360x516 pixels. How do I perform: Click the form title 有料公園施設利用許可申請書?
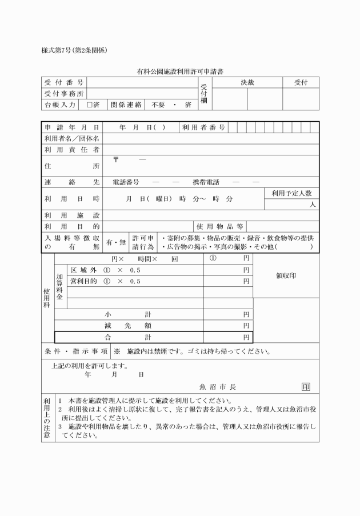179,73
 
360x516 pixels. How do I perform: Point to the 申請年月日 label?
72,127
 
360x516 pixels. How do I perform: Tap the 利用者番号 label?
203,127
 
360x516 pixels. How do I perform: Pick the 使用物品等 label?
220,227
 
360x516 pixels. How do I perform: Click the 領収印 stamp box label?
286,275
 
